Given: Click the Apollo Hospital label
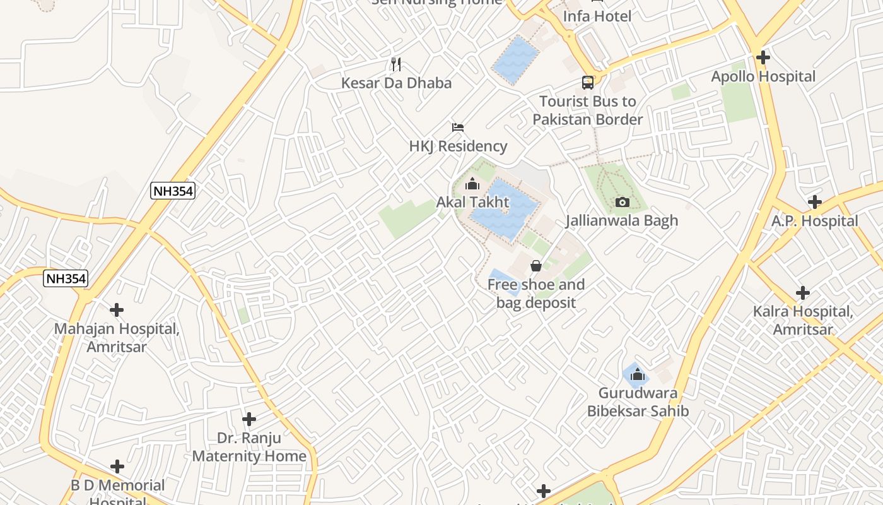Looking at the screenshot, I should [x=763, y=77].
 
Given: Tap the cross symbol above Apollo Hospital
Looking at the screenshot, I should [x=763, y=57].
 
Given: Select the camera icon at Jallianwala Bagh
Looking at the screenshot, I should [x=623, y=202].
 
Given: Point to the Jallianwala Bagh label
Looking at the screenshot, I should [x=622, y=220].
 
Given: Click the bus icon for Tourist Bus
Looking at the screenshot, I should [x=588, y=82].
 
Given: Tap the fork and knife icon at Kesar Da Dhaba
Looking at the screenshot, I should [x=396, y=64].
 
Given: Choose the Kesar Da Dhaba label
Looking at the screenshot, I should [x=396, y=83].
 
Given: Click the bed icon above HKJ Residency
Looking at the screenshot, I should [x=458, y=128].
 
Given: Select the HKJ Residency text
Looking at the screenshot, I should [x=458, y=146].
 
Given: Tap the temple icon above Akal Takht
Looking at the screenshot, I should [x=472, y=184].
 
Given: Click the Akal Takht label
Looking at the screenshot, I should [x=472, y=203].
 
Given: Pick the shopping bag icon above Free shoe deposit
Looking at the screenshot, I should [x=536, y=266].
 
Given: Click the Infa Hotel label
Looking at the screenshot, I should [x=597, y=16].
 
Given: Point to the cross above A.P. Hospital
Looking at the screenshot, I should [x=815, y=202].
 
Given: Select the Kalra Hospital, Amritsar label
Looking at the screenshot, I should [x=803, y=320].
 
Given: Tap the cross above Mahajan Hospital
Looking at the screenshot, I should [x=117, y=310].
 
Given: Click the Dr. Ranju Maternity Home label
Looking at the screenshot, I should [x=249, y=446].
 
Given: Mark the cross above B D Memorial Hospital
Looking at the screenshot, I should [x=117, y=466].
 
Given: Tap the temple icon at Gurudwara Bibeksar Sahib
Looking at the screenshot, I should [x=637, y=374].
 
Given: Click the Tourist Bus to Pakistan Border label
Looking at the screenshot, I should [x=588, y=110].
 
